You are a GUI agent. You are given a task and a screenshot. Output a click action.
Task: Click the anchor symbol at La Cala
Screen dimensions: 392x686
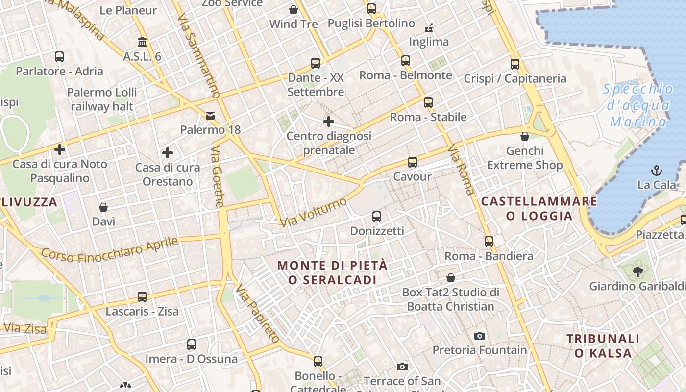pos(656,170)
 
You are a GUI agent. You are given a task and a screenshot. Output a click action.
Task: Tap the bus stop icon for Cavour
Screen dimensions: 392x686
pos(413,162)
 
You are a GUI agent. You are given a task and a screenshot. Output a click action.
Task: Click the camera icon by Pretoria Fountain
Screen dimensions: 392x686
pos(480,336)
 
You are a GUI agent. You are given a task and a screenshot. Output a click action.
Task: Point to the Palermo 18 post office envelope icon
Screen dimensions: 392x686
pos(210,116)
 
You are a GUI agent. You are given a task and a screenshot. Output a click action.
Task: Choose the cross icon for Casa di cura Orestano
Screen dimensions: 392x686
pos(168,153)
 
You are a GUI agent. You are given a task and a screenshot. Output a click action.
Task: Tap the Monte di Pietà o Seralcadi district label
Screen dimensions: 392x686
pos(332,272)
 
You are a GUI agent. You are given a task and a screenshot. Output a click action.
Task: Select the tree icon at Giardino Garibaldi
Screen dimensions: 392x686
pos(637,271)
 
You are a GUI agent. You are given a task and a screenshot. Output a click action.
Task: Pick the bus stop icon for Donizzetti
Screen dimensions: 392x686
pos(377,216)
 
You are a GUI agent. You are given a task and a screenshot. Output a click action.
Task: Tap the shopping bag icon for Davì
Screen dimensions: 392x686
pos(103,207)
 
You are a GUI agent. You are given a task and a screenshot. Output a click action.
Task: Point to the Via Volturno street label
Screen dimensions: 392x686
pos(314,212)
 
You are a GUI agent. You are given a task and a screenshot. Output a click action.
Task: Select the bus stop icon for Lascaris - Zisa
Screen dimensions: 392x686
pos(142,296)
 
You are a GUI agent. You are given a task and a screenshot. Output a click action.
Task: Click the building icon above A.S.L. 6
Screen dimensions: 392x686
pos(142,42)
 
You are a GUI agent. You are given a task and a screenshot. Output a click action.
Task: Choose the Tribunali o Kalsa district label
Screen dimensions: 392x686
pos(603,345)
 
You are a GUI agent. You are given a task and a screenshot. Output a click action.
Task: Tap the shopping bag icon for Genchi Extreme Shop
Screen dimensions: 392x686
pos(525,136)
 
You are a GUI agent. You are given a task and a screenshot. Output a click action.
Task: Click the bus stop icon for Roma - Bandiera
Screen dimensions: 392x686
pos(489,241)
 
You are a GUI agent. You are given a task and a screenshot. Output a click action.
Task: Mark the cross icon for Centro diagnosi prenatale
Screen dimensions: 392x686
pos(329,121)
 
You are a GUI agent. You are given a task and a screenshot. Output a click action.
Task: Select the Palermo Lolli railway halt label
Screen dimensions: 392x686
pos(102,99)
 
